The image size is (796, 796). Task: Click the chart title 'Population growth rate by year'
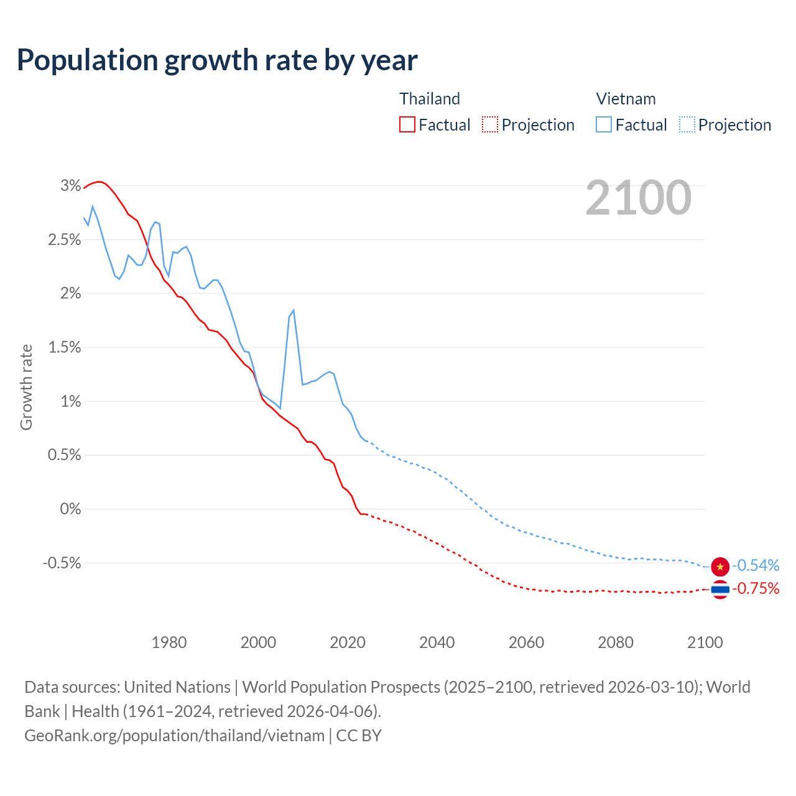coord(217,60)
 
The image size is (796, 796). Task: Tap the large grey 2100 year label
coord(638,198)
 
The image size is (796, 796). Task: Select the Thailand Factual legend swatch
coord(407,124)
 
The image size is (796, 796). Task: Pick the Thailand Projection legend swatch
coord(490,124)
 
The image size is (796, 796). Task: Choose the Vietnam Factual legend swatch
coord(604,124)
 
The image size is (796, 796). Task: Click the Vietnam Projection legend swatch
coord(687,124)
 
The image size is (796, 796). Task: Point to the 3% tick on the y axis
coord(71,185)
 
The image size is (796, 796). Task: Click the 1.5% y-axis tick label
coord(65,347)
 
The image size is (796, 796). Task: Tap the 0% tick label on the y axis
coord(70,509)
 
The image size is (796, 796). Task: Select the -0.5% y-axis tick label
coord(62,563)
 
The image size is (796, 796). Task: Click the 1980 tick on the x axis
coord(169,642)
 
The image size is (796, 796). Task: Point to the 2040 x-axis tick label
coord(437,642)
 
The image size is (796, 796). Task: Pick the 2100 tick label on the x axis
coord(705,642)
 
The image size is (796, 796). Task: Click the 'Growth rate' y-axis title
coord(26,387)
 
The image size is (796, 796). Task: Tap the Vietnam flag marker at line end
coord(720,566)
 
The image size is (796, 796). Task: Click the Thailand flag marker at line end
coord(720,589)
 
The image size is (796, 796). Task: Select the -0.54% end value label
coord(756,566)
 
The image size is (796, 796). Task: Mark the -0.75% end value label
coord(756,588)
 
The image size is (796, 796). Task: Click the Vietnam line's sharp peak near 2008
coord(293,310)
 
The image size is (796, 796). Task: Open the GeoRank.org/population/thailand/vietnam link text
coord(174,736)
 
